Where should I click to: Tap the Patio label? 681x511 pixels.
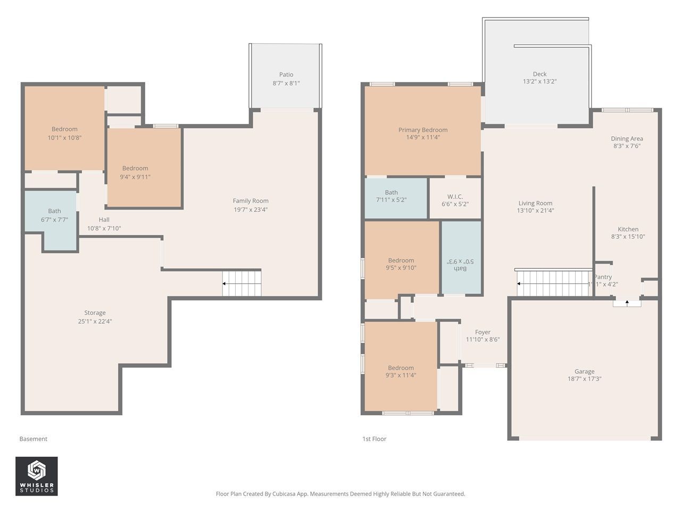(286, 75)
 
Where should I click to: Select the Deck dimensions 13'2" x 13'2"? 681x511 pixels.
(540, 81)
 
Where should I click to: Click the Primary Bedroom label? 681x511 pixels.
(423, 130)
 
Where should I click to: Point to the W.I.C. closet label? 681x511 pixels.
(455, 197)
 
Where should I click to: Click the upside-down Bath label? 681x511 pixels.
(460, 269)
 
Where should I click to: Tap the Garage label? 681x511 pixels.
(585, 372)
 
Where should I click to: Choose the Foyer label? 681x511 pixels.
(483, 332)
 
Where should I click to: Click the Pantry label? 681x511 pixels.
(603, 277)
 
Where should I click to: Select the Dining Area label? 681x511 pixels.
(627, 139)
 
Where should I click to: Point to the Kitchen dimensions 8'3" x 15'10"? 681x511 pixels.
(628, 237)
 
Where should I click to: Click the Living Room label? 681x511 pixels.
(536, 203)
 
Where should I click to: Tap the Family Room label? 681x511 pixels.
(251, 201)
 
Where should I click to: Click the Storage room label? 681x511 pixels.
(95, 313)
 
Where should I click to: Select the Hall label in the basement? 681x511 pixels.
(104, 220)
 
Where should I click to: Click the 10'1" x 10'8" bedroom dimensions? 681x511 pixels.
(64, 138)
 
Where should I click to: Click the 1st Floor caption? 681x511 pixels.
(374, 439)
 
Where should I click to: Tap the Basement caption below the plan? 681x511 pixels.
(33, 439)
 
